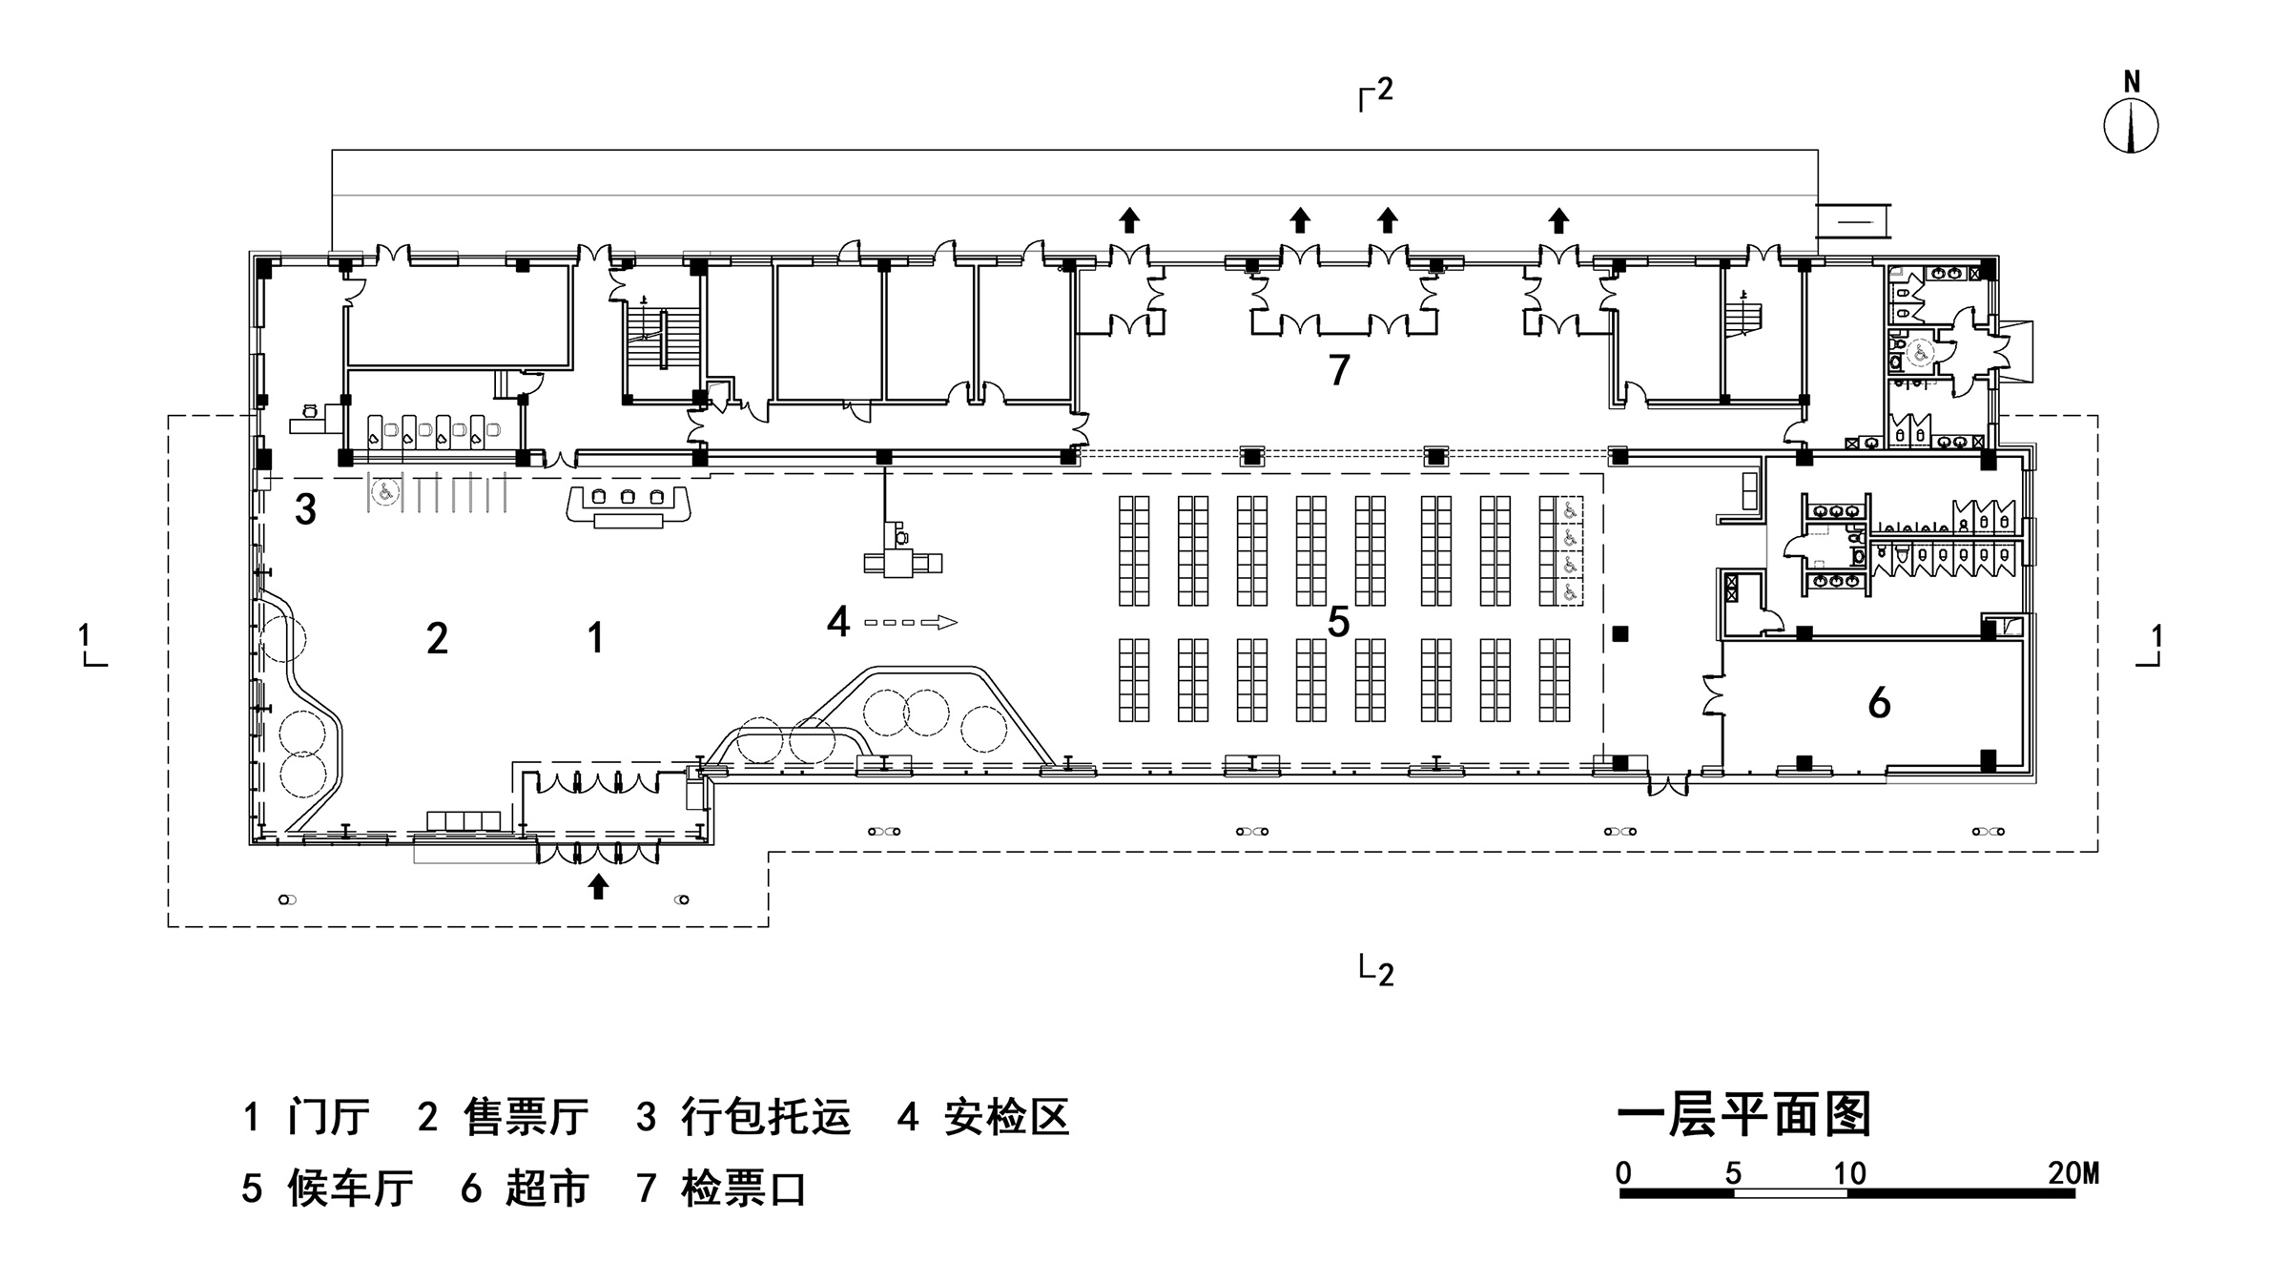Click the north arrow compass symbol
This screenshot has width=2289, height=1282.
tap(2131, 127)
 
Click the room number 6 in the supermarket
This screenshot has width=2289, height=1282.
tap(1878, 704)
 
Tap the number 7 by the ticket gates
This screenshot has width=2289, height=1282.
tap(1339, 370)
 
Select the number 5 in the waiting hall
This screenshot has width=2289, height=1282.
tap(1338, 622)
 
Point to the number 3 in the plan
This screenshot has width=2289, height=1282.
tap(305, 509)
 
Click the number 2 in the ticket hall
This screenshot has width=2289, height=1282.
tap(437, 638)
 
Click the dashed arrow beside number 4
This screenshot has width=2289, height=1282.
tap(910, 623)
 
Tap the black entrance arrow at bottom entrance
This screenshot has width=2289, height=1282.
tap(598, 886)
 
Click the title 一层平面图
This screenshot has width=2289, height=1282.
tap(1744, 1114)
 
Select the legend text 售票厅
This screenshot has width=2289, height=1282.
tap(526, 1117)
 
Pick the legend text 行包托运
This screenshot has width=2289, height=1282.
tap(766, 1117)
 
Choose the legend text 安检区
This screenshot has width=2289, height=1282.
tap(1007, 1117)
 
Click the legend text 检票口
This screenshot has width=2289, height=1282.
tap(744, 1189)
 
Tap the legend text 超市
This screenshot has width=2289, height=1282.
tap(547, 1189)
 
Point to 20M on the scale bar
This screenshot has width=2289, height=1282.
tap(2072, 1173)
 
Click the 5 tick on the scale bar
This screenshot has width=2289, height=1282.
tap(1733, 1174)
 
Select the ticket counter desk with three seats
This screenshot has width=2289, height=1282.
tap(628, 504)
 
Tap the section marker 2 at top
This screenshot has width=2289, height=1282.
tap(1383, 90)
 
